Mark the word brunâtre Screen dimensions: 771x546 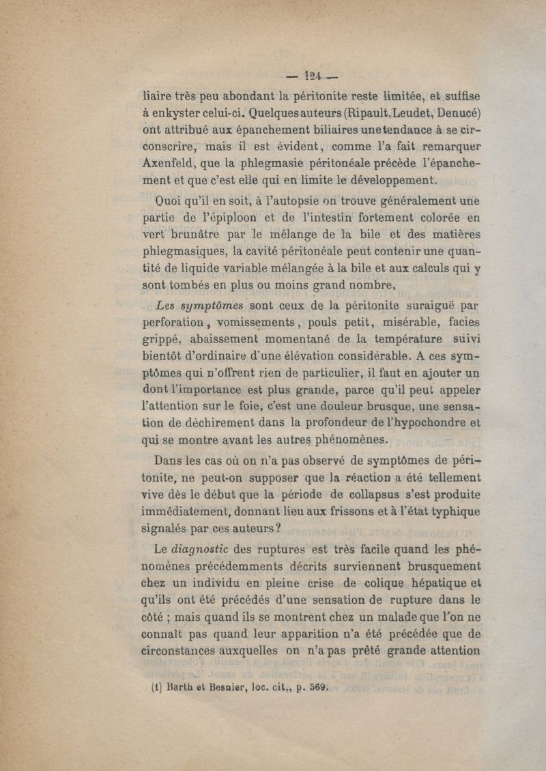click(x=200, y=237)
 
